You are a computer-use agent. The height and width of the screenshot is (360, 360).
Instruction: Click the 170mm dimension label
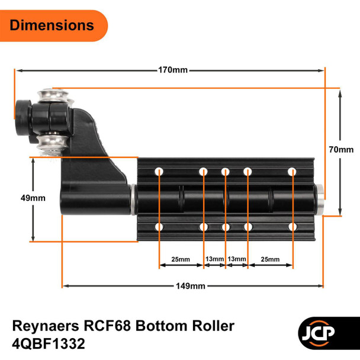(173, 70)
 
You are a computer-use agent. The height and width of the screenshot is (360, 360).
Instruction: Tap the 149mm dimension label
(190, 286)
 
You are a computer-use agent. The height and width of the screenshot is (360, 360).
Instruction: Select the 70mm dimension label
(342, 150)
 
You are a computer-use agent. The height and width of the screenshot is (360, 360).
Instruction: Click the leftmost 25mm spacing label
(181, 259)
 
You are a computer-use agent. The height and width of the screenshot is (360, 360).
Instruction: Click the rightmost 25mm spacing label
(270, 259)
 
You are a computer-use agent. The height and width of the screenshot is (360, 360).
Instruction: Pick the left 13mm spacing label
(214, 259)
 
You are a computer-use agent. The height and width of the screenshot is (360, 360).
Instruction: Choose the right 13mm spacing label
(236, 259)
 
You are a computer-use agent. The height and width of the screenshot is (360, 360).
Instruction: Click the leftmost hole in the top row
(159, 172)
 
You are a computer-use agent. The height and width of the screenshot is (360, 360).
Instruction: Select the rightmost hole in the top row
(292, 172)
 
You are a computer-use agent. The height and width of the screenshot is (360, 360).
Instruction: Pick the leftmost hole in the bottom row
(159, 227)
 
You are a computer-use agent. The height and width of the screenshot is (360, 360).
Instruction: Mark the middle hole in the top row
(225, 172)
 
